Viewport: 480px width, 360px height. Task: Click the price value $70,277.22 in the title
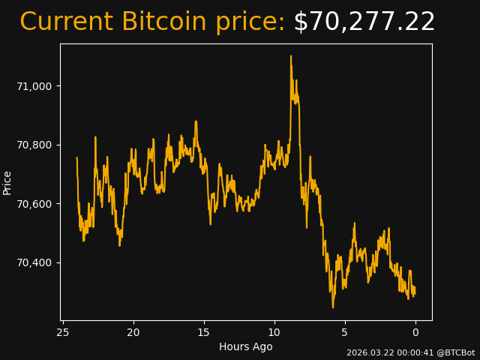[364, 22]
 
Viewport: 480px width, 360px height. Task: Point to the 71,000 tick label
[34, 86]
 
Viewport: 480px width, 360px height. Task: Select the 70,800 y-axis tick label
[34, 145]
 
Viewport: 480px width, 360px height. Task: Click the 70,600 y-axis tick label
[34, 204]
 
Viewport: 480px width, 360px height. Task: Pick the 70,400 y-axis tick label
[34, 262]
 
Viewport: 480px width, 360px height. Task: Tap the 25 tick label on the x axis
[63, 332]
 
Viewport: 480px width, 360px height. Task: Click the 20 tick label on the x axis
[133, 332]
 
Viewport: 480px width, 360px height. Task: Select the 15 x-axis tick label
[204, 332]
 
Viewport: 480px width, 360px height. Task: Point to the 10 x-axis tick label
[274, 332]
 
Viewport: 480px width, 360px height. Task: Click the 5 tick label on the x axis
[345, 332]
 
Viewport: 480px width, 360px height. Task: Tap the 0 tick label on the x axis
[415, 332]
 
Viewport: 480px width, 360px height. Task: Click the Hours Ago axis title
[245, 346]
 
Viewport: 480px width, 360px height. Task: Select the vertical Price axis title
[7, 182]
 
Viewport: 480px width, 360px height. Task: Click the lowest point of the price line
[333, 307]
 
